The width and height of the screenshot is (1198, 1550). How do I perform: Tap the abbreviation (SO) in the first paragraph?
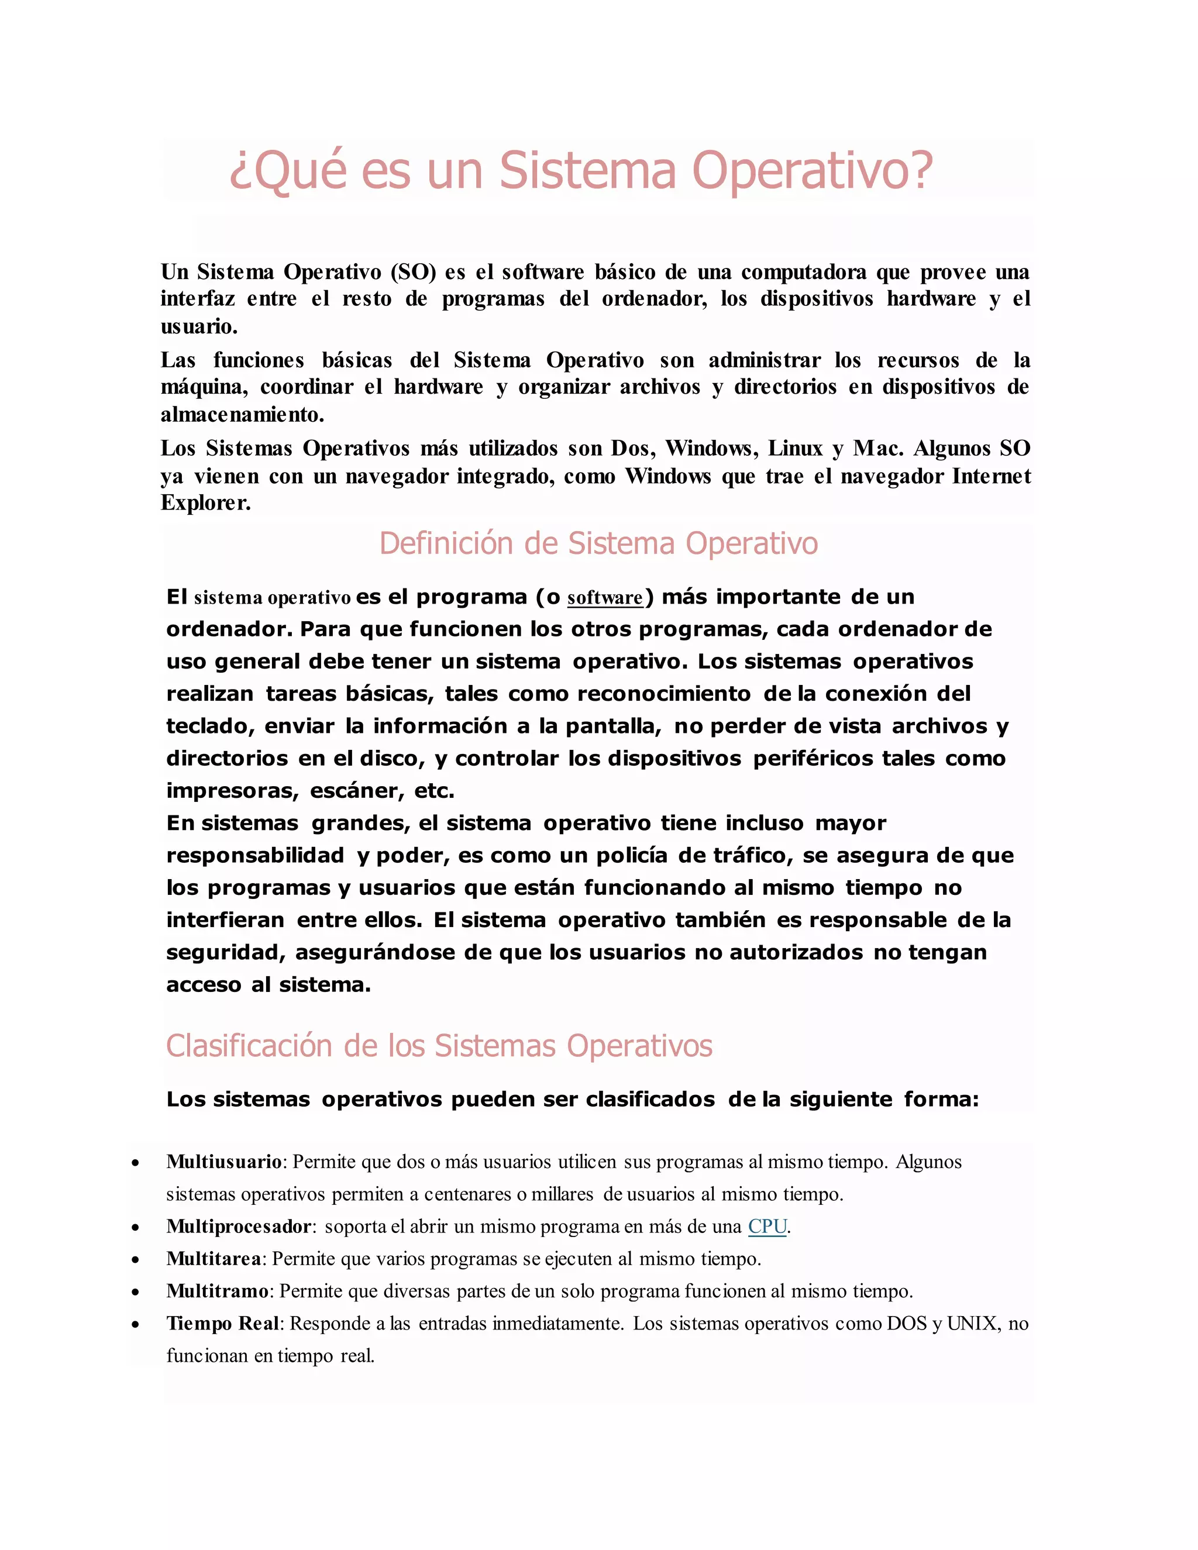click(x=413, y=273)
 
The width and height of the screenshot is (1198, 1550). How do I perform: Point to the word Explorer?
click(x=206, y=503)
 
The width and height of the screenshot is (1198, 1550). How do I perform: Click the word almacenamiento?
click(x=242, y=415)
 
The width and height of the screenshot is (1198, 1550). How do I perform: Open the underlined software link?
click(x=605, y=598)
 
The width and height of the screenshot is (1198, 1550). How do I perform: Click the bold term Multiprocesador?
click(x=239, y=1227)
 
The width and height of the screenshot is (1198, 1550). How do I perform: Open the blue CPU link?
click(x=767, y=1227)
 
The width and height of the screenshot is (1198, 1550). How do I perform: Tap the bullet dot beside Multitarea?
click(x=136, y=1260)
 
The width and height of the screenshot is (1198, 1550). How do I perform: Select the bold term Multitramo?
click(x=217, y=1291)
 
